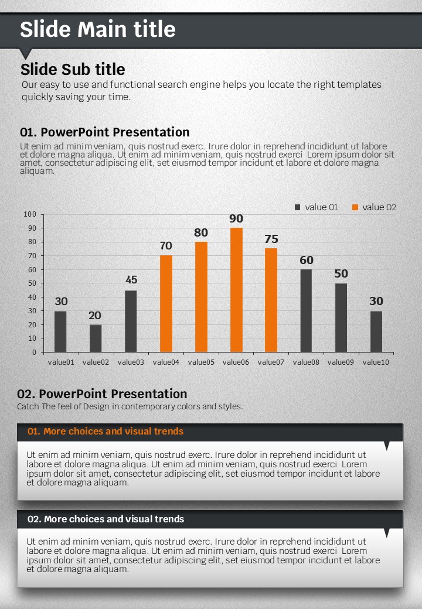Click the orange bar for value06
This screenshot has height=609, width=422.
click(236, 290)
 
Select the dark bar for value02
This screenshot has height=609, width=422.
click(96, 338)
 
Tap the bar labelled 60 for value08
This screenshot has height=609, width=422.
click(306, 311)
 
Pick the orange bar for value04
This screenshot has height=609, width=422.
click(166, 304)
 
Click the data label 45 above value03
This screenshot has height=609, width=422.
click(131, 280)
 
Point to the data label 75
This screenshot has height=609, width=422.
click(271, 239)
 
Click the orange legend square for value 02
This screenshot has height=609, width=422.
click(355, 207)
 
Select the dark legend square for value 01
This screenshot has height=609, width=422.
click(297, 207)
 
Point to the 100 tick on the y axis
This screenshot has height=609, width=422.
click(30, 214)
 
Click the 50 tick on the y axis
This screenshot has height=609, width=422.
click(32, 283)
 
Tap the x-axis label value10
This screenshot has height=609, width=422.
click(376, 362)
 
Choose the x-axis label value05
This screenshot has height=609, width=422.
click(201, 362)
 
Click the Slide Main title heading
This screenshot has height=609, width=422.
click(98, 29)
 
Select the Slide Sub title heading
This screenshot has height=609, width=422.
click(73, 69)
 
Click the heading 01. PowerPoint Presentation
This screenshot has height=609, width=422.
click(104, 132)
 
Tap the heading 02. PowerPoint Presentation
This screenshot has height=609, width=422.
click(102, 394)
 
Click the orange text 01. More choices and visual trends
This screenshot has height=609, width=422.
click(105, 432)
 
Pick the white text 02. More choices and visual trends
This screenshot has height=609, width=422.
click(105, 519)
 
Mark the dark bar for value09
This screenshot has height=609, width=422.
click(341, 318)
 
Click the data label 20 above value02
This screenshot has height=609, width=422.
click(95, 316)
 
